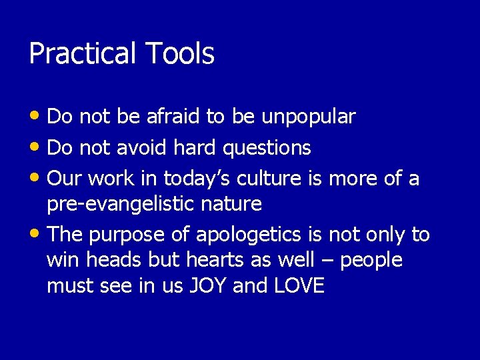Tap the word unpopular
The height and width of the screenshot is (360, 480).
[309, 117]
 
